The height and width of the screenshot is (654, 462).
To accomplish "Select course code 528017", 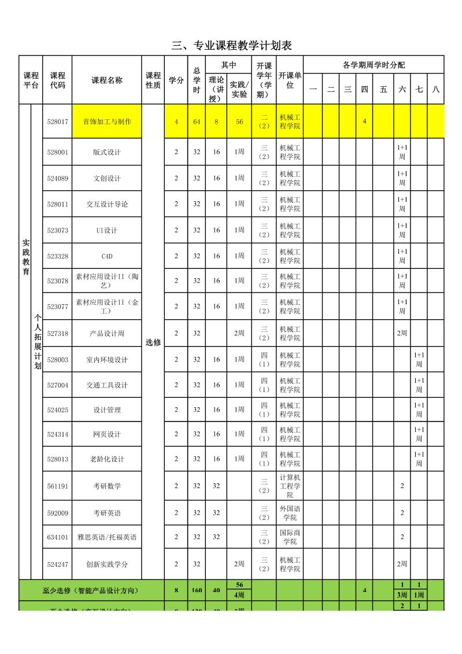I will point(58,121).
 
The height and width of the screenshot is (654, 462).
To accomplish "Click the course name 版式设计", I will point(107,153).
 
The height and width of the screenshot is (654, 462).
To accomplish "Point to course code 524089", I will point(58,178).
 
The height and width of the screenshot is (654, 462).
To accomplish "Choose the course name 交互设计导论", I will point(107,204).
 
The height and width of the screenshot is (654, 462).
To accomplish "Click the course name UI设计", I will point(107,230).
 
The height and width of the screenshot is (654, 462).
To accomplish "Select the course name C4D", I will point(107,256).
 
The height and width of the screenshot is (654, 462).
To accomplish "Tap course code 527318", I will point(58,333).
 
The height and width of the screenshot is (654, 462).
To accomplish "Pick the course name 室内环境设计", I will point(107,360).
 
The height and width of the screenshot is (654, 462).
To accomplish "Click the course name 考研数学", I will point(107,486).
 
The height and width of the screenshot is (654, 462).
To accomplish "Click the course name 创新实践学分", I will point(107,564).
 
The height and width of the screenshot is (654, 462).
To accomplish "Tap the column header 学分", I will point(176,80).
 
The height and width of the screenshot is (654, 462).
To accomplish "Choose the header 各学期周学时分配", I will point(374,65).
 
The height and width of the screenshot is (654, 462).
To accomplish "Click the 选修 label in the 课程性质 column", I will point(153,342).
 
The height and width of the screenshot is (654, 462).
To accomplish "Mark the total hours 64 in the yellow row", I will point(197,121).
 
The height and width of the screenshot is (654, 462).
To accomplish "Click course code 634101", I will point(58,537).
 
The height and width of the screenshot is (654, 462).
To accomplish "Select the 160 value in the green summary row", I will point(197,590).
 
